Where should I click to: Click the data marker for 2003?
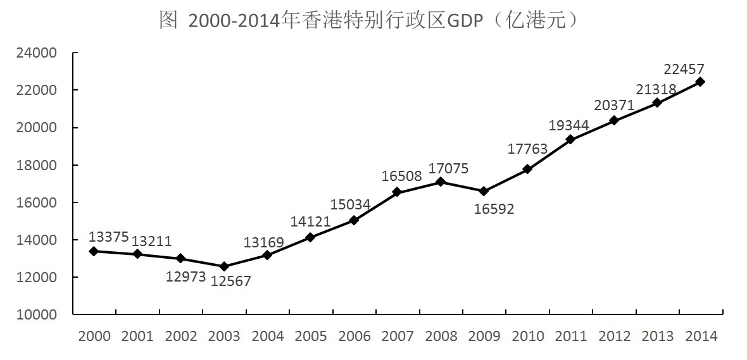click(x=224, y=266)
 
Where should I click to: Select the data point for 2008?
click(x=441, y=182)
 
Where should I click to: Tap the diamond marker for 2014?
click(x=700, y=82)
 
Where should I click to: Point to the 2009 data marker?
click(x=484, y=191)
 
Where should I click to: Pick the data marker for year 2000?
click(x=94, y=251)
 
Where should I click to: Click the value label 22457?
click(x=684, y=68)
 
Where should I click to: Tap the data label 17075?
click(x=448, y=168)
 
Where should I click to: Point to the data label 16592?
click(x=494, y=209)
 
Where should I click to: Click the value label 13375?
click(x=108, y=237)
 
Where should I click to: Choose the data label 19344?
click(x=568, y=125)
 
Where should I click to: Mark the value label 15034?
click(x=351, y=204)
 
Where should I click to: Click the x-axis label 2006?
click(x=355, y=336)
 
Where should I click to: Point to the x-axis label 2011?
click(x=571, y=336)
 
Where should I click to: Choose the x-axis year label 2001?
click(x=137, y=336)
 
